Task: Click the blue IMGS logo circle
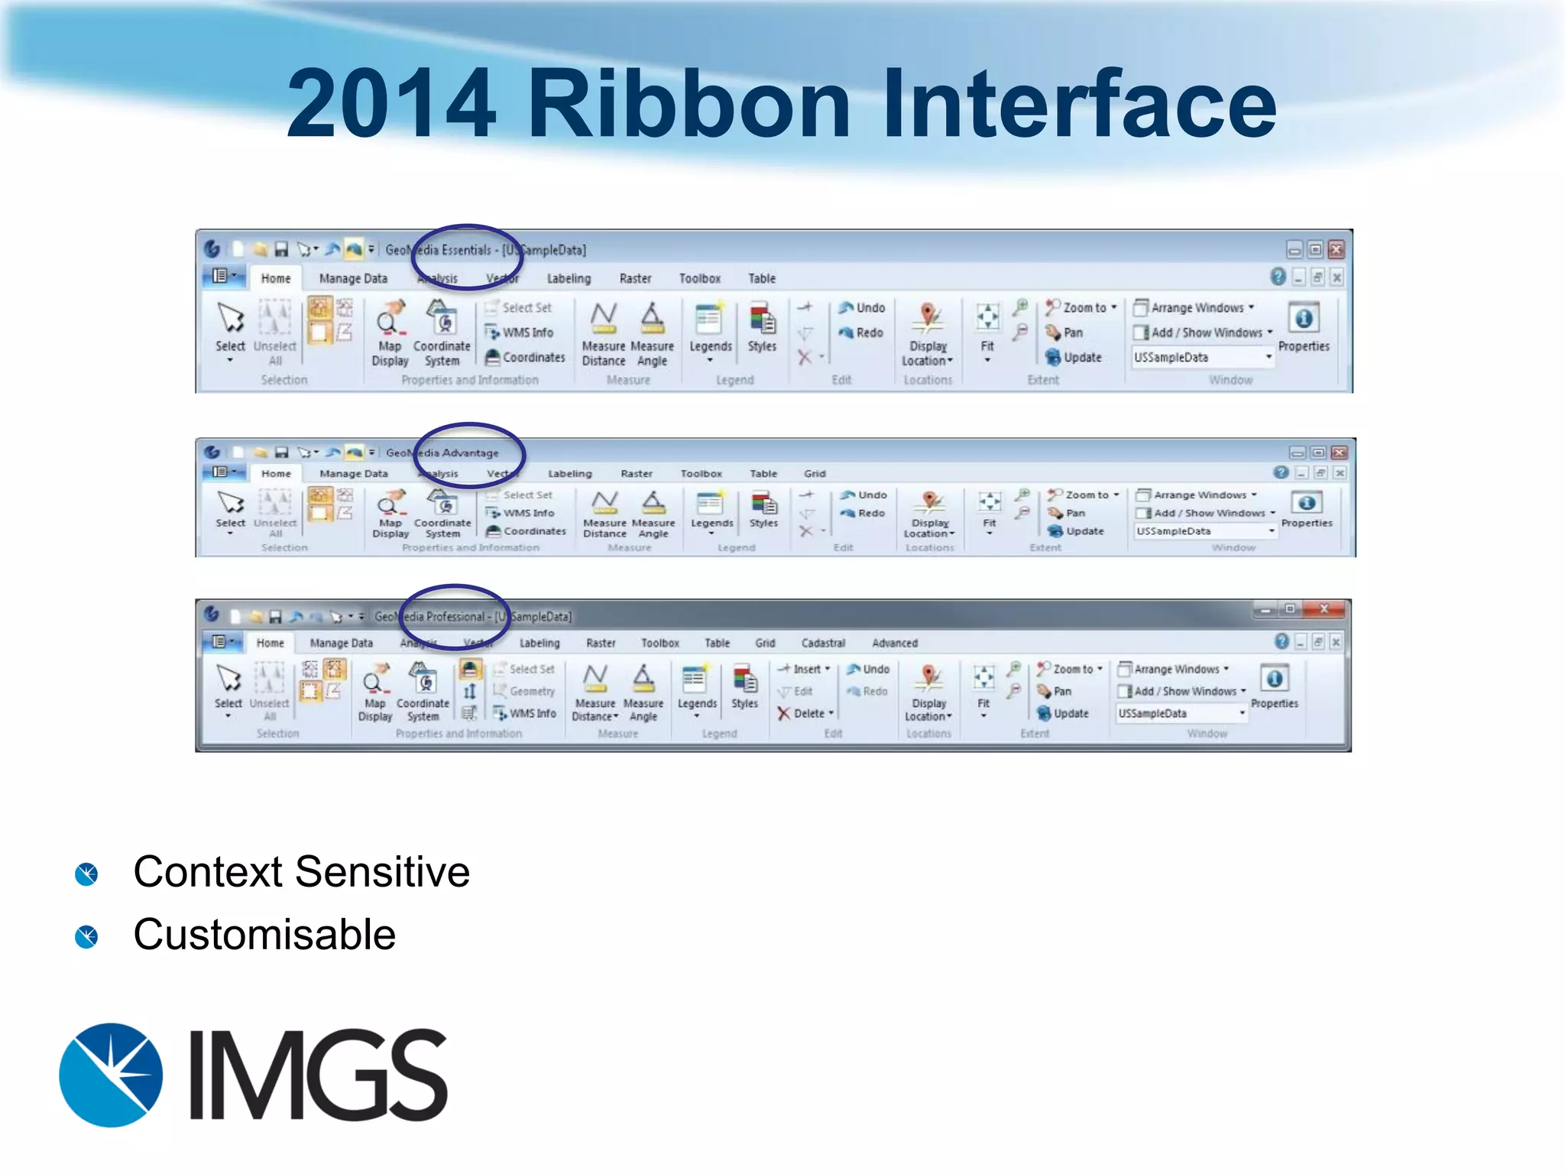[x=112, y=1075]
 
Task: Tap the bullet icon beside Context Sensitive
[x=86, y=874]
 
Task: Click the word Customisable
[x=264, y=934]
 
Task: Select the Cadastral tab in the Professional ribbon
[x=823, y=643]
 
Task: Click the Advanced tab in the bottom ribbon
[x=894, y=643]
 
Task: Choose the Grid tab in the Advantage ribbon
[x=815, y=474]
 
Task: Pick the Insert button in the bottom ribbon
[x=804, y=669]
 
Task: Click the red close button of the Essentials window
[x=1336, y=249]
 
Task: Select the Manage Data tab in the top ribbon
[x=353, y=278]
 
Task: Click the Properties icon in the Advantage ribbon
[x=1306, y=503]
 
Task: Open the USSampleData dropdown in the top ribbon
[x=1269, y=357]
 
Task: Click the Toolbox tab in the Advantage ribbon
[x=701, y=474]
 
